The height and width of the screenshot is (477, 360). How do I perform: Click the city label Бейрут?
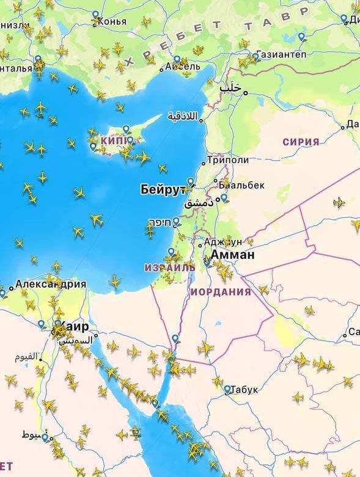[x=162, y=189]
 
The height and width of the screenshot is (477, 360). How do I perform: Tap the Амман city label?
[x=232, y=255]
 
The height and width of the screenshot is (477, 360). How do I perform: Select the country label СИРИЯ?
[x=301, y=142]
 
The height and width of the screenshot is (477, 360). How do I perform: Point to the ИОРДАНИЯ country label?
[x=221, y=292]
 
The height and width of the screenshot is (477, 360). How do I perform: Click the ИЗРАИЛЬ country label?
[x=169, y=268]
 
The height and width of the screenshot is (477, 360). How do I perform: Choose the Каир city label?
[x=75, y=326]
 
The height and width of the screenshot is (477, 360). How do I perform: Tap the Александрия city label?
[x=50, y=284]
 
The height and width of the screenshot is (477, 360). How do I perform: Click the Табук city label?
[x=245, y=390]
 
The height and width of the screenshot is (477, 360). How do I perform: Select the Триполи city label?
[x=227, y=160]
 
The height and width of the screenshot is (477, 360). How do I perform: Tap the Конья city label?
[x=112, y=21]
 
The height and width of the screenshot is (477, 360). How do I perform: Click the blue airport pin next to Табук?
[x=227, y=388]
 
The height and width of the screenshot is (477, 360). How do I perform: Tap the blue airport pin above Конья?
[x=95, y=15]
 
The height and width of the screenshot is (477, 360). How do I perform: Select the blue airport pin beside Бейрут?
[x=191, y=181]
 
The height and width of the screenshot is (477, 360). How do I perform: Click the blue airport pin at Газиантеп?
[x=255, y=56]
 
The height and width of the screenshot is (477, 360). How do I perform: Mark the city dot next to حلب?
[x=246, y=93]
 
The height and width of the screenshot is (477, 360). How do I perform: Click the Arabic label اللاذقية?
[x=183, y=115]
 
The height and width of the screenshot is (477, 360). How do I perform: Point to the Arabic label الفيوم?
[x=26, y=356]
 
